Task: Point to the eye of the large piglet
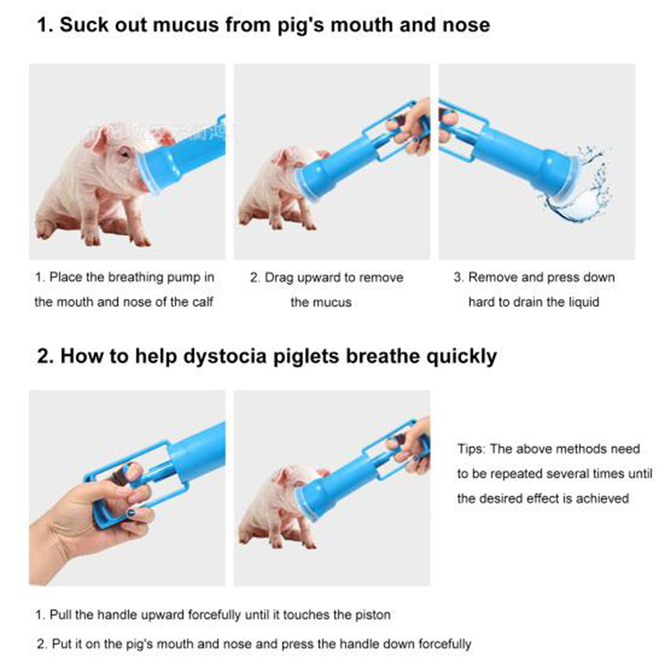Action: pyautogui.click(x=124, y=153)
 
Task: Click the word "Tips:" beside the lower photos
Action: pyautogui.click(x=471, y=449)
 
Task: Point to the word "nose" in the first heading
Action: pyautogui.click(x=467, y=25)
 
